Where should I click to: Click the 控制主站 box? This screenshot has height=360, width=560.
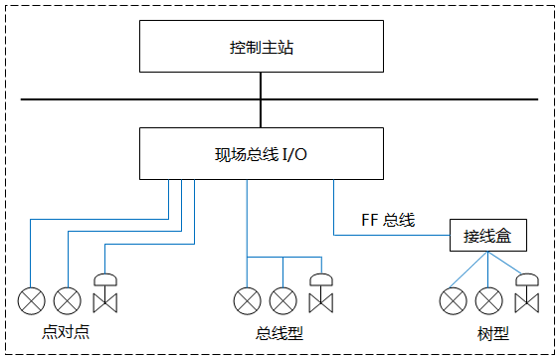[261, 47]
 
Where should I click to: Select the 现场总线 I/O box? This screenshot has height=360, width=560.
[261, 153]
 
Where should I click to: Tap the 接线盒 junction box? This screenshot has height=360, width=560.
[486, 236]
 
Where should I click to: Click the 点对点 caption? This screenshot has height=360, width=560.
[67, 331]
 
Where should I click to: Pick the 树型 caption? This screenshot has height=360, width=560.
[488, 332]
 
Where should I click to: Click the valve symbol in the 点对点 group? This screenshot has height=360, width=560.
[103, 294]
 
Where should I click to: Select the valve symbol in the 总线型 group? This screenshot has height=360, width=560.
[320, 294]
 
